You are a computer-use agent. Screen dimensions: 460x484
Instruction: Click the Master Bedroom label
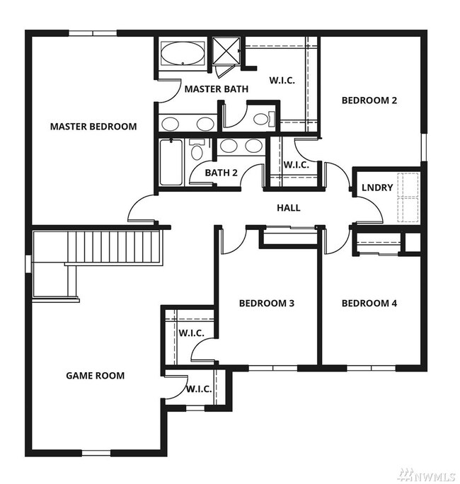93,127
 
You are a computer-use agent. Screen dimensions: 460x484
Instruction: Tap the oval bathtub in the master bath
183,53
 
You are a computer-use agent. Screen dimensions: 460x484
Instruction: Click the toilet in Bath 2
197,149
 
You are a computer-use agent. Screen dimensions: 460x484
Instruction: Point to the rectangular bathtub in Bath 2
171,162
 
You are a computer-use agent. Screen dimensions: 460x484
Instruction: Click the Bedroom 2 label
369,100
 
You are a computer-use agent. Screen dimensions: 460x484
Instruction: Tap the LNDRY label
377,188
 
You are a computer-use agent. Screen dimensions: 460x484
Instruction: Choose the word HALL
289,208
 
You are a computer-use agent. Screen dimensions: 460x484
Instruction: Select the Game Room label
96,376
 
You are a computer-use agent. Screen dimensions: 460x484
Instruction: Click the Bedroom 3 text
267,303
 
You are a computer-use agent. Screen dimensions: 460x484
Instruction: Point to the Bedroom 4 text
369,303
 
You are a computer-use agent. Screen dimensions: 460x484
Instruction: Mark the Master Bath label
217,89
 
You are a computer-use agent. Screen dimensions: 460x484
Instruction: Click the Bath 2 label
222,173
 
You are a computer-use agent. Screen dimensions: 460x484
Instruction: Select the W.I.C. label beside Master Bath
282,81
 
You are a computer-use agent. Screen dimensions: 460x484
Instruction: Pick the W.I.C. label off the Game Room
199,389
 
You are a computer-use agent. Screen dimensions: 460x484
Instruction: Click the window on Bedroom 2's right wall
424,147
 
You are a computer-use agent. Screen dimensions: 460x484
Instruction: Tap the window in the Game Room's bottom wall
96,453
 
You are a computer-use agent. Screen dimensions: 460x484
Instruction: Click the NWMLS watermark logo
427,475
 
